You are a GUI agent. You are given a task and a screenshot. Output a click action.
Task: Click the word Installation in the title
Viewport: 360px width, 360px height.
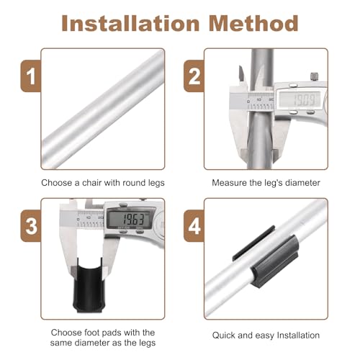130,23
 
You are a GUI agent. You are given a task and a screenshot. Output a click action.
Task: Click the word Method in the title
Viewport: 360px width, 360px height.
253,23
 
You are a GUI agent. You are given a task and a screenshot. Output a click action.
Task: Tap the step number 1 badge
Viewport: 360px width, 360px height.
31,76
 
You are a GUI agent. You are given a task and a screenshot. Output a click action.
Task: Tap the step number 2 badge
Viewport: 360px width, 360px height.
194,76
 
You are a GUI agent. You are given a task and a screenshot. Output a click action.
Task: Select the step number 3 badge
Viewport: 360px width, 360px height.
31,226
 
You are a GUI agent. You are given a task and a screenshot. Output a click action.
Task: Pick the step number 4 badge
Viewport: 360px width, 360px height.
194,226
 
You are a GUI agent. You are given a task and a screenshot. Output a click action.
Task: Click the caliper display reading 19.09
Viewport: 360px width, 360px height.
300,99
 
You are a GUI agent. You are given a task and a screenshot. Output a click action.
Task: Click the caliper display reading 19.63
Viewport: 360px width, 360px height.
130,219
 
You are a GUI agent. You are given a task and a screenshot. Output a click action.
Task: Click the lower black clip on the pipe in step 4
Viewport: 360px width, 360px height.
275,261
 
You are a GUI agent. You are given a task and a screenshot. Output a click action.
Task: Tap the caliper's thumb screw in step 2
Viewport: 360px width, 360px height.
314,76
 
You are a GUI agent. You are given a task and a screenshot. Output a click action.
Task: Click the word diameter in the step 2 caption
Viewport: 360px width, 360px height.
302,183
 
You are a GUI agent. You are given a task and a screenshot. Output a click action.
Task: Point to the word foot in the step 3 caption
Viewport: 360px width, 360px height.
91,333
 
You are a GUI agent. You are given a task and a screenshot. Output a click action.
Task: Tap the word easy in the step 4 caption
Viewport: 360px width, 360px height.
264,336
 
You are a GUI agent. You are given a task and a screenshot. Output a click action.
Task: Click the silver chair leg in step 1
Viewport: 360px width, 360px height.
103,109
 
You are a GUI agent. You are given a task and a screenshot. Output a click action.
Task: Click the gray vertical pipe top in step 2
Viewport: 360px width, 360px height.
262,65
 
